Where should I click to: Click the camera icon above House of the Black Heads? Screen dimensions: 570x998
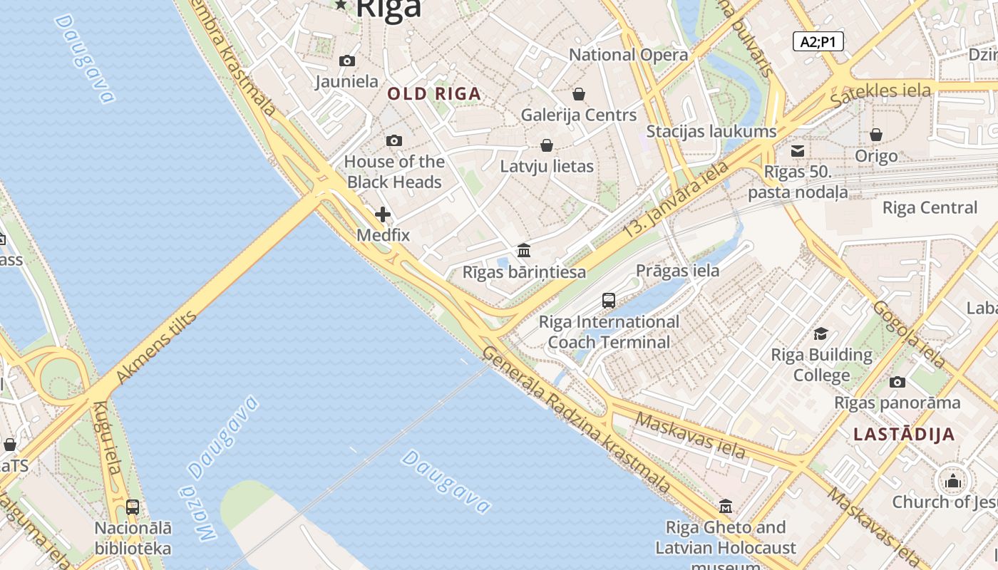(x=393, y=141)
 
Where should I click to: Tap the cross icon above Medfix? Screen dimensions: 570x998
(x=383, y=214)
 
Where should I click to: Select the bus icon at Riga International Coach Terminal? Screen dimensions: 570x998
(x=609, y=301)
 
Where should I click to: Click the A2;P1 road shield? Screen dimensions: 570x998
(x=818, y=41)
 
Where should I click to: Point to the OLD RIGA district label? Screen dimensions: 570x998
(x=434, y=93)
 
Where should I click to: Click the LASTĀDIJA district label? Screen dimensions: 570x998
(x=904, y=435)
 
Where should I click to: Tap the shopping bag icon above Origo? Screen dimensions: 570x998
(x=876, y=135)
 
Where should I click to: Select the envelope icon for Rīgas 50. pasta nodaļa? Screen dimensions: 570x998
(x=798, y=151)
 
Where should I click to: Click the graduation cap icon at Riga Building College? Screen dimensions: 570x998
(x=821, y=333)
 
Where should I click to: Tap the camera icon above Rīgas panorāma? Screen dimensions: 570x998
(x=897, y=382)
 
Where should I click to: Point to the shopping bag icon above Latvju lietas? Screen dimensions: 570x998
(x=547, y=145)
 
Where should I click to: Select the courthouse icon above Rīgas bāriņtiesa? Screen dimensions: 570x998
(x=524, y=250)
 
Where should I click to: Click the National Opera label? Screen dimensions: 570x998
(x=628, y=55)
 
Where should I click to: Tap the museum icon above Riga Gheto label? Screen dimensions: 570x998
(x=726, y=507)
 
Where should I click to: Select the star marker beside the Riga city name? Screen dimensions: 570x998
(x=341, y=5)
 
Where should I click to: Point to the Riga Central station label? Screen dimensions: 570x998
(x=930, y=208)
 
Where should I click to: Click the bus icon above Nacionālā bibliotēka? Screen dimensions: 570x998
(x=133, y=507)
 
